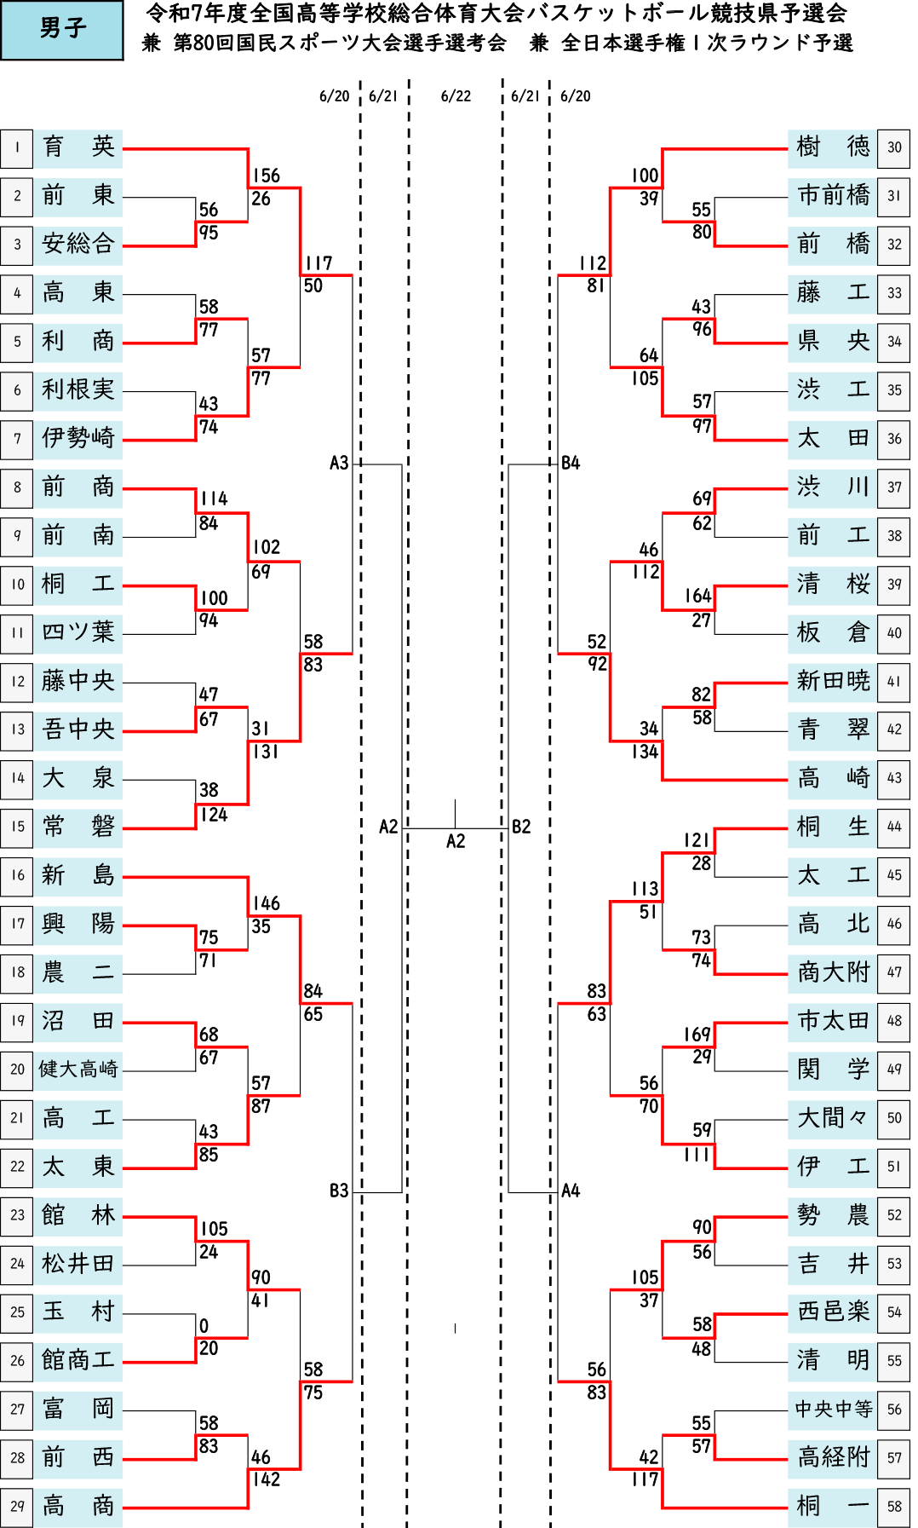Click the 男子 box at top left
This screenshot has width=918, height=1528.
coord(61,30)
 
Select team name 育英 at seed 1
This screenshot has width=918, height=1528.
coord(78,147)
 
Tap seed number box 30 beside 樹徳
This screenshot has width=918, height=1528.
coord(894,147)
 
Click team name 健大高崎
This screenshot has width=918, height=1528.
coord(78,1069)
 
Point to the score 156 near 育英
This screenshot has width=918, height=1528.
coord(266,176)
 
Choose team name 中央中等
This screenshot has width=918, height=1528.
coord(834,1409)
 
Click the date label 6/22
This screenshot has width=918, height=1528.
coord(456,96)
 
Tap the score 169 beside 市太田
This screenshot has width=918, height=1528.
coord(697,1035)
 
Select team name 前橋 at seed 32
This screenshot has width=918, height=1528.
coord(834,244)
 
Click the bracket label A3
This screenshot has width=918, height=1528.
coord(339,463)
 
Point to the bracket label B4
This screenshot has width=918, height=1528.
coord(571,463)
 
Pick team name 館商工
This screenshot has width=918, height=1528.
coord(78,1360)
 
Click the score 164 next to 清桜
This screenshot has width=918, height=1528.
coord(697,596)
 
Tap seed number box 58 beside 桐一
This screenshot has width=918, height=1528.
coord(894,1507)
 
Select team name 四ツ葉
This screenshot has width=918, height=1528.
coord(78,631)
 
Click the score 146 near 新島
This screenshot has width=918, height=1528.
coord(266,903)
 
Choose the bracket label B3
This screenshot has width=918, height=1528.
coord(339,1191)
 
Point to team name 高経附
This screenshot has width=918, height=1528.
coord(834,1457)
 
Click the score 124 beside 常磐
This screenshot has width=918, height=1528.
coord(214,815)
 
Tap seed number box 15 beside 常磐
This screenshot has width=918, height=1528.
coord(17,827)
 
